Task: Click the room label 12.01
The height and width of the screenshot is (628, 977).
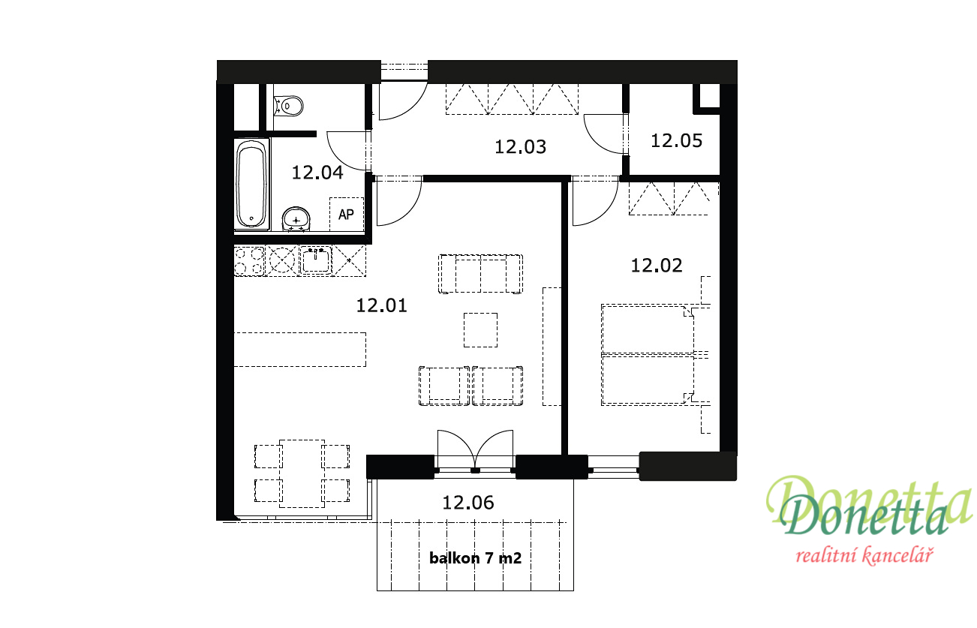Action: pos(382,305)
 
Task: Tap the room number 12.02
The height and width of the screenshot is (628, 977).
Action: pos(657,266)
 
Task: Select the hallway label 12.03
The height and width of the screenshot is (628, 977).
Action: pos(520,147)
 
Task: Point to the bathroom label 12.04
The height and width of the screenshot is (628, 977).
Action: pos(317,173)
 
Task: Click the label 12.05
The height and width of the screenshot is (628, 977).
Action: pos(677,141)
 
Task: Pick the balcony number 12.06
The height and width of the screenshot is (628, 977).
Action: pos(468,503)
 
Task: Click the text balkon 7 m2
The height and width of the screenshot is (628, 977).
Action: pos(476,558)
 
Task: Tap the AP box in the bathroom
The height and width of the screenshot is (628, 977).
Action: pos(347,214)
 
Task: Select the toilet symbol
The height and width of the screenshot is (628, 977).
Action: pos(289,106)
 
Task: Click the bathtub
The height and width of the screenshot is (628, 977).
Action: pos(251,185)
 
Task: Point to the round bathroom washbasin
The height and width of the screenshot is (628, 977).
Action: pos(296,219)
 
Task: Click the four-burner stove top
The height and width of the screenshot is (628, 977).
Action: pos(249,261)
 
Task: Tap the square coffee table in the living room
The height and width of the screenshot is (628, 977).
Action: pos(480,330)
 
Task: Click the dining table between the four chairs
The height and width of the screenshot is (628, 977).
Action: pos(302,473)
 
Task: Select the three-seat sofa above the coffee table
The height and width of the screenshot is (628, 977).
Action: pos(480,274)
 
